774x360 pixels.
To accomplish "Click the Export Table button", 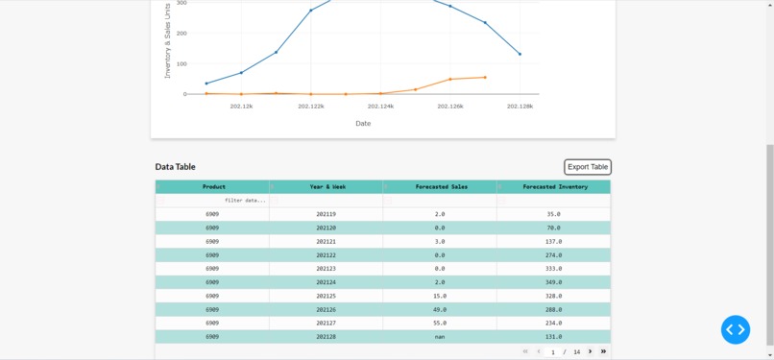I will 588,167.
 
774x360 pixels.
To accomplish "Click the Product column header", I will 213,187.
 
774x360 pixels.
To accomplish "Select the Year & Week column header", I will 327,187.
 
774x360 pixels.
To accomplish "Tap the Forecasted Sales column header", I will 441,187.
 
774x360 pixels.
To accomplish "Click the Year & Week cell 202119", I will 327,214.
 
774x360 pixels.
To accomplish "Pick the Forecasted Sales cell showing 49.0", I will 440,310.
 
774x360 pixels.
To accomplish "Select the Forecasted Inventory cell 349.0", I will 553,282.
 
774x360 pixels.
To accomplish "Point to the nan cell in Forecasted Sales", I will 440,337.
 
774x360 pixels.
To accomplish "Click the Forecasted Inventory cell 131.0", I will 553,337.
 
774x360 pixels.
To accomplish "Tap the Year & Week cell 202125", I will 327,297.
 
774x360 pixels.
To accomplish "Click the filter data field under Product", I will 213,201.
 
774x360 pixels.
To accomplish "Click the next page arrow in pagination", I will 591,351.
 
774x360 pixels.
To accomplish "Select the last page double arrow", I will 603,351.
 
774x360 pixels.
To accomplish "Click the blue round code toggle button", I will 736,330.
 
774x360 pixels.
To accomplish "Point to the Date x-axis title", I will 363,123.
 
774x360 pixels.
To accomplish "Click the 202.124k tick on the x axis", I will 380,107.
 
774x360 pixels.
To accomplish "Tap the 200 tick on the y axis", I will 181,33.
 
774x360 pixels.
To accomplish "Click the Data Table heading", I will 176,167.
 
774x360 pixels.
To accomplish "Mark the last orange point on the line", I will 485,78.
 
